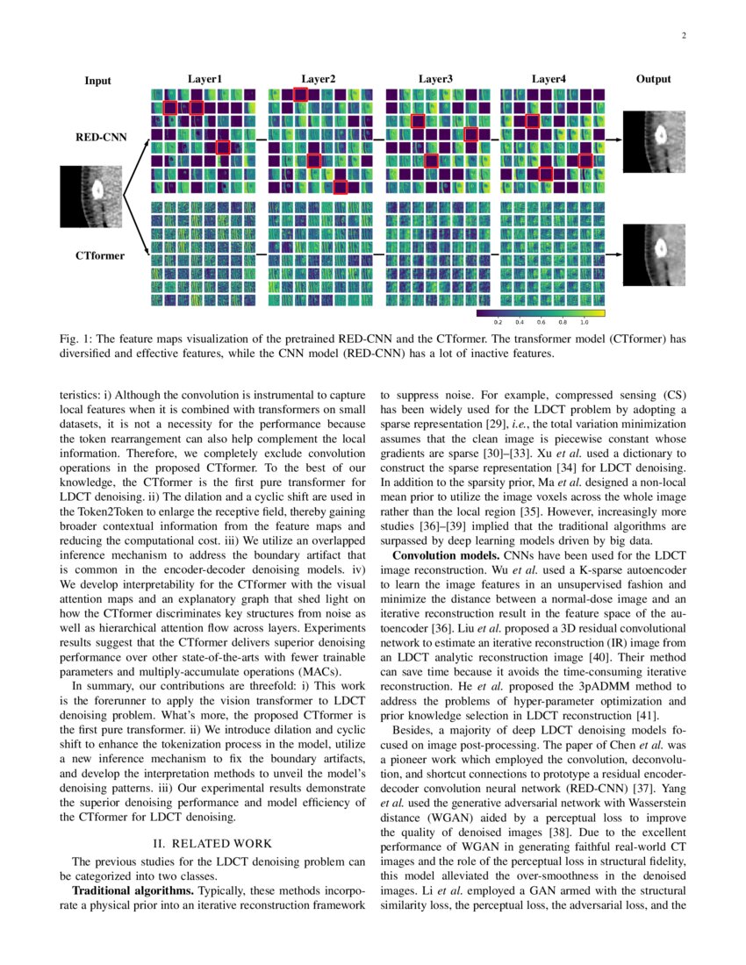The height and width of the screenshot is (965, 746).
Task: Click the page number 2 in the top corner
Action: (683, 36)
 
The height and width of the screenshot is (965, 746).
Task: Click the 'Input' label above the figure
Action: (97, 81)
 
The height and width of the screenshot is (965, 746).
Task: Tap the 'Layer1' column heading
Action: (204, 79)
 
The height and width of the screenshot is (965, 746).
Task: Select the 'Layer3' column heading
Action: (435, 79)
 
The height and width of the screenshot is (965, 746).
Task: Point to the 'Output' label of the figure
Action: (653, 79)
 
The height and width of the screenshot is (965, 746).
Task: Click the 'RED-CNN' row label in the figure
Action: (100, 138)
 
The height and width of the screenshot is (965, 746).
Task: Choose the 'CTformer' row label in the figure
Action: (99, 256)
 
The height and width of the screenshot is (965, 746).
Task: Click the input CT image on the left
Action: (91, 197)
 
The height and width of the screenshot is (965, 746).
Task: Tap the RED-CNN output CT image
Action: (654, 140)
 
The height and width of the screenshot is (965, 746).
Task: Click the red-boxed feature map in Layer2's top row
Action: (301, 95)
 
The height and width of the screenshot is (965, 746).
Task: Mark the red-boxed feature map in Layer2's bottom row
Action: (340, 187)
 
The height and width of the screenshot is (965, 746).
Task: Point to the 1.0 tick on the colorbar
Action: (584, 323)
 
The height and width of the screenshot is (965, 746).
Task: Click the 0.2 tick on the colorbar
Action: (499, 323)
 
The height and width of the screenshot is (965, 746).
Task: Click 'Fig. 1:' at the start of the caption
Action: (75, 340)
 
